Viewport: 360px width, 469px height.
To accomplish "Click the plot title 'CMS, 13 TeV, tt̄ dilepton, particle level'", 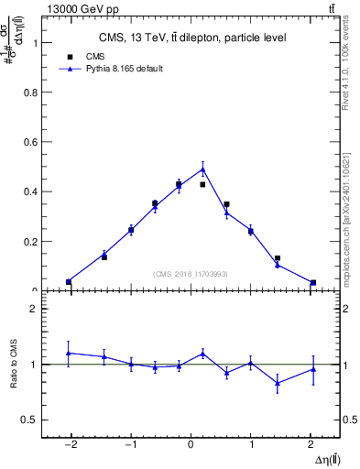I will coord(192,38).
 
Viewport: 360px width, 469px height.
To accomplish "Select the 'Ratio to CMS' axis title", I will coord(14,365).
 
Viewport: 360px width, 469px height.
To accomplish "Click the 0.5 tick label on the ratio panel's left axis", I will coord(30,420).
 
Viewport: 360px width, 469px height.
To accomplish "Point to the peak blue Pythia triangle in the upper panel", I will coord(202,168).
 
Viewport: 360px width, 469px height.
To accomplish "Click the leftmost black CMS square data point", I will coord(69,281).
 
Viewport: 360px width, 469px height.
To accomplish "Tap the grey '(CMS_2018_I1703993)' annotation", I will coord(191,274).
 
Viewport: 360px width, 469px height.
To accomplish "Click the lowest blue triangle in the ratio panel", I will coord(277,383).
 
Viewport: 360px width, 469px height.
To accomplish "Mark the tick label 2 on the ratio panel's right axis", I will coord(346,309).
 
